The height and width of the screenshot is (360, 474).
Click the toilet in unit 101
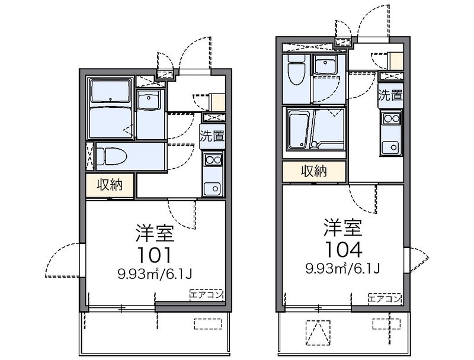coord(111,156)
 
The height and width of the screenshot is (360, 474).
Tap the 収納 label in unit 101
coord(110,185)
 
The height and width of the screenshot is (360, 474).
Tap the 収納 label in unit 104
coord(314,172)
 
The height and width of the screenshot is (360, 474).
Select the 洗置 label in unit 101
coord(213,136)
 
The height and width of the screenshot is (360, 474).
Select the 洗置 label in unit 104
coord(390,95)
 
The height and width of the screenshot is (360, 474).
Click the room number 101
coord(155,255)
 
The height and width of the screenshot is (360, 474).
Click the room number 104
coord(344,249)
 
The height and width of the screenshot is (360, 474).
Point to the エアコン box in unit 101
coord(206,294)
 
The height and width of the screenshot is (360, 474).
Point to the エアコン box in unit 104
coord(385,298)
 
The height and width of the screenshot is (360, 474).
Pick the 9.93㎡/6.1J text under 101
coord(155,274)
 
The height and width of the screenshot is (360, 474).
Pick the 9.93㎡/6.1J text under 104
coord(342,268)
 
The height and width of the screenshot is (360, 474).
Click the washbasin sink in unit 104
coord(325,66)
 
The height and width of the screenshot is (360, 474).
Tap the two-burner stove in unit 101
coord(213,160)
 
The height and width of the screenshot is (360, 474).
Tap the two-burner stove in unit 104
coord(391,118)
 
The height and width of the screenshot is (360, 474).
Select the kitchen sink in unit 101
coord(213,189)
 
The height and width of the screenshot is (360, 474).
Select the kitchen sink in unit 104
coord(390,147)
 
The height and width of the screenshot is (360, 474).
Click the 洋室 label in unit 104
coord(344,228)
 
